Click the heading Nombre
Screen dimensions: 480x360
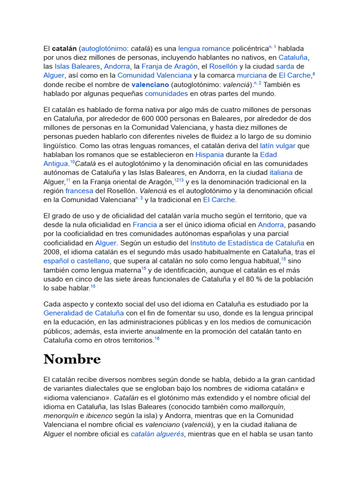[x=72, y=359]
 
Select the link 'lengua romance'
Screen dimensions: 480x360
[x=204, y=48]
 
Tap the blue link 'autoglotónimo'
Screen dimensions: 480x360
[x=104, y=48]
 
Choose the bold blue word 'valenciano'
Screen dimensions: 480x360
[x=150, y=84]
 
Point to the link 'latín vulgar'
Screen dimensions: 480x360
[x=278, y=145]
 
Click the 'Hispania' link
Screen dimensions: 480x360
[x=210, y=154]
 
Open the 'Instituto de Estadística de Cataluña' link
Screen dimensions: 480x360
[x=247, y=243]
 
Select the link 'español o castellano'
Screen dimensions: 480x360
[x=77, y=261]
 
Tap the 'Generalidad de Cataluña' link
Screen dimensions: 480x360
[x=84, y=313]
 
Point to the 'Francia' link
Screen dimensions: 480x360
[x=145, y=225]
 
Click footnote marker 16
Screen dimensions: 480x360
[x=157, y=338]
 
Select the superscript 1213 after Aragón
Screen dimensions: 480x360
[x=179, y=180]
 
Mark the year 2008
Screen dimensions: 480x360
[x=52, y=252]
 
